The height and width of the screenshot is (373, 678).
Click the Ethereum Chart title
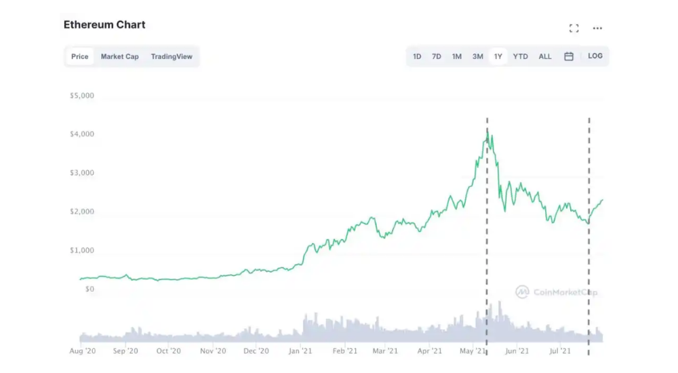pos(104,25)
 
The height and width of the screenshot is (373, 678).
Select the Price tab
pos(80,56)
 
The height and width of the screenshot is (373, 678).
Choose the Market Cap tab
pos(119,56)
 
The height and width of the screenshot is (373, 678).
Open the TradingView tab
pos(172,56)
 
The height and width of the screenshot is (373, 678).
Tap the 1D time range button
pos(417,56)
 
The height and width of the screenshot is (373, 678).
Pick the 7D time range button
pos(437,56)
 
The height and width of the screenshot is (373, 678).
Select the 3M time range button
pos(478,56)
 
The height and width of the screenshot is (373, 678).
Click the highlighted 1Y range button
pos(498,56)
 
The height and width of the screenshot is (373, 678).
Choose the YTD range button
pos(520,56)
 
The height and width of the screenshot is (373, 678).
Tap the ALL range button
pos(545,56)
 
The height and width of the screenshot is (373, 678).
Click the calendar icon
pos(569,56)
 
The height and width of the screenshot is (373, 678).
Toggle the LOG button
pos(595,56)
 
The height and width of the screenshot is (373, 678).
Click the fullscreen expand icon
pos(574,28)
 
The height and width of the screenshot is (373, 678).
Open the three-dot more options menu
pos(597,28)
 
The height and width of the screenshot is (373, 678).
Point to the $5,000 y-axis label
pos(82,96)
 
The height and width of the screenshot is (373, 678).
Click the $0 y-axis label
pos(89,289)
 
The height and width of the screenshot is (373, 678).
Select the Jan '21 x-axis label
pos(300,351)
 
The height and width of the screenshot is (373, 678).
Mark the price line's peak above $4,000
pos(487,132)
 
